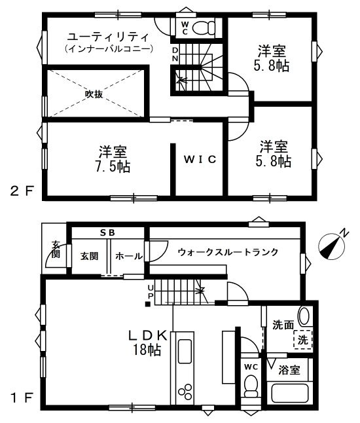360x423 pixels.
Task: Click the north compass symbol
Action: (x=331, y=246)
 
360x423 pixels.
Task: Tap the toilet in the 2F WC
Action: (x=204, y=28)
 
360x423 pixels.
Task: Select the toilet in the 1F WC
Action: (x=251, y=386)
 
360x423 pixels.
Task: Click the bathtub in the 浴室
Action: (x=290, y=393)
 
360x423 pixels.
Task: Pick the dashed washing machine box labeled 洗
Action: (x=303, y=340)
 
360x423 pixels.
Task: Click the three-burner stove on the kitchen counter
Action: (x=185, y=391)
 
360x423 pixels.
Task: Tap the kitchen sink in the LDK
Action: (x=185, y=351)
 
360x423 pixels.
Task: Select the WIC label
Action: (x=200, y=159)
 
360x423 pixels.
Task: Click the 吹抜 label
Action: (x=94, y=94)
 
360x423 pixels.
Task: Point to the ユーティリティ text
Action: (x=108, y=37)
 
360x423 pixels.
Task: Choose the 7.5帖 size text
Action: (x=113, y=167)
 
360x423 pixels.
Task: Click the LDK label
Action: (x=147, y=336)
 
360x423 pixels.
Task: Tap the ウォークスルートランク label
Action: (x=228, y=252)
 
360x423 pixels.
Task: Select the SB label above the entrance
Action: (x=107, y=233)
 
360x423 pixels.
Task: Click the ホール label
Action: (x=129, y=256)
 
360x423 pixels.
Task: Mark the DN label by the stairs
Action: (x=175, y=54)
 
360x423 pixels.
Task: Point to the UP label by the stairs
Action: (x=151, y=291)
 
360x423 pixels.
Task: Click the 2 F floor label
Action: (x=23, y=192)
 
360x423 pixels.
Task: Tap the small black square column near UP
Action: (x=148, y=304)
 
